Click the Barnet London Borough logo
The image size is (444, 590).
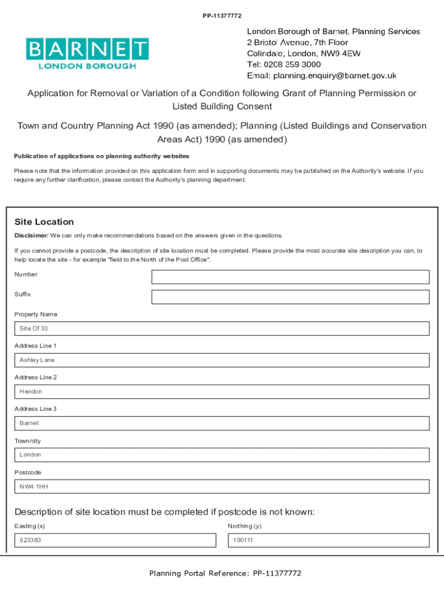pos(87,54)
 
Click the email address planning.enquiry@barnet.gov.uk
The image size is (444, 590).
pos(334,75)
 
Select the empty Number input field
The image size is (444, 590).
pos(290,277)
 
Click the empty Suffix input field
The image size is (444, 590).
pos(290,297)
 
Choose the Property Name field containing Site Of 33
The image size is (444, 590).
pos(222,328)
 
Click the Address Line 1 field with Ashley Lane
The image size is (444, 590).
pos(222,360)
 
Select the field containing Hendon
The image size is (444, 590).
pos(222,392)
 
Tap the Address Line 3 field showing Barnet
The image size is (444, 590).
pos(222,423)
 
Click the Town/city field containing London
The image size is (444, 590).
pos(222,455)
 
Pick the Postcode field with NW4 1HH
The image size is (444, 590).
pos(222,486)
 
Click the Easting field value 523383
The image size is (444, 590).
pos(115,540)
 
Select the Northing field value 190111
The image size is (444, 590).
pos(329,540)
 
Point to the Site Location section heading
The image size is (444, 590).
pos(44,222)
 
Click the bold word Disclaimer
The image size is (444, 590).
pos(31,236)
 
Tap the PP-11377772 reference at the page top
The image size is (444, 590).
pos(222,16)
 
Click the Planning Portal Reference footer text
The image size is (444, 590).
pos(225,573)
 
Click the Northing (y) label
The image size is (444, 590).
pos(244,526)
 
